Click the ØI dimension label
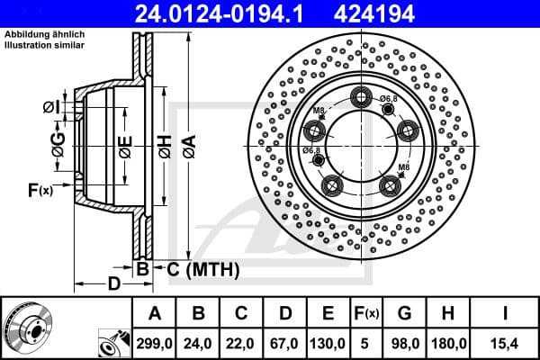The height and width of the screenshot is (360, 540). click(x=55, y=108)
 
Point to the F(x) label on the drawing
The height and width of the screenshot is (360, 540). click(x=40, y=190)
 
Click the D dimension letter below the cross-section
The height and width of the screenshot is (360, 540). click(x=113, y=285)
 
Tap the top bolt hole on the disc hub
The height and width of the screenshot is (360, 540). click(x=363, y=98)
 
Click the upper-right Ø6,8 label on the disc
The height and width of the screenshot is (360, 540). click(x=389, y=98)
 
